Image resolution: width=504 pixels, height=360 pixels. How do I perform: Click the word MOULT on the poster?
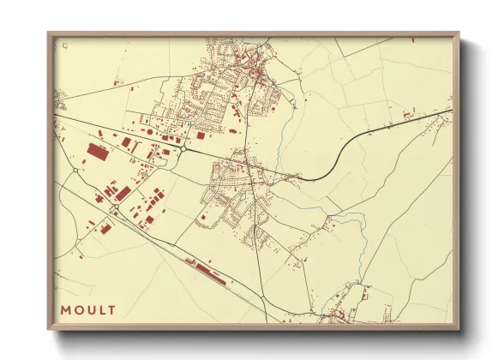coord(87,309)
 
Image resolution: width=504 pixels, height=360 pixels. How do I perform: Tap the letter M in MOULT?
coord(65,309)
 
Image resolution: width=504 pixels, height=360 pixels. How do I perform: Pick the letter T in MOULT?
coord(110,309)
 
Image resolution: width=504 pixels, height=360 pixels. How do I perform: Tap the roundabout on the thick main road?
coord(183,149)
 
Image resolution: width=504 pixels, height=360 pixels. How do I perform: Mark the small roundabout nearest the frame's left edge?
coord(75,171)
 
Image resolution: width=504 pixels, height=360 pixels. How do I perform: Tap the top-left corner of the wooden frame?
coord(48,33)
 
